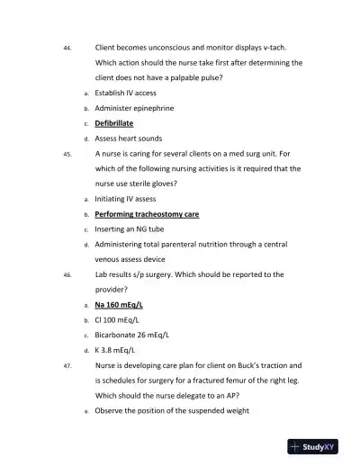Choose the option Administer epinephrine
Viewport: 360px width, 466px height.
[x=134, y=107]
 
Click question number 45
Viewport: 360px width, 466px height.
[x=67, y=154]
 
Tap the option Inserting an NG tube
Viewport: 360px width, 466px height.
[x=129, y=229]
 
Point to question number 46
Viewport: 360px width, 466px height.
[x=67, y=275]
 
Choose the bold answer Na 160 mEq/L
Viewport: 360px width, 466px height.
[x=119, y=305]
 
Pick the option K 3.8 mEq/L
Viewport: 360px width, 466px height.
[x=114, y=350]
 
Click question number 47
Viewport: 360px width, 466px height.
[x=67, y=367]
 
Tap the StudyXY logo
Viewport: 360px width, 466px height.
[x=319, y=445]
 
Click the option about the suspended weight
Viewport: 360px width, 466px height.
[x=171, y=411]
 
